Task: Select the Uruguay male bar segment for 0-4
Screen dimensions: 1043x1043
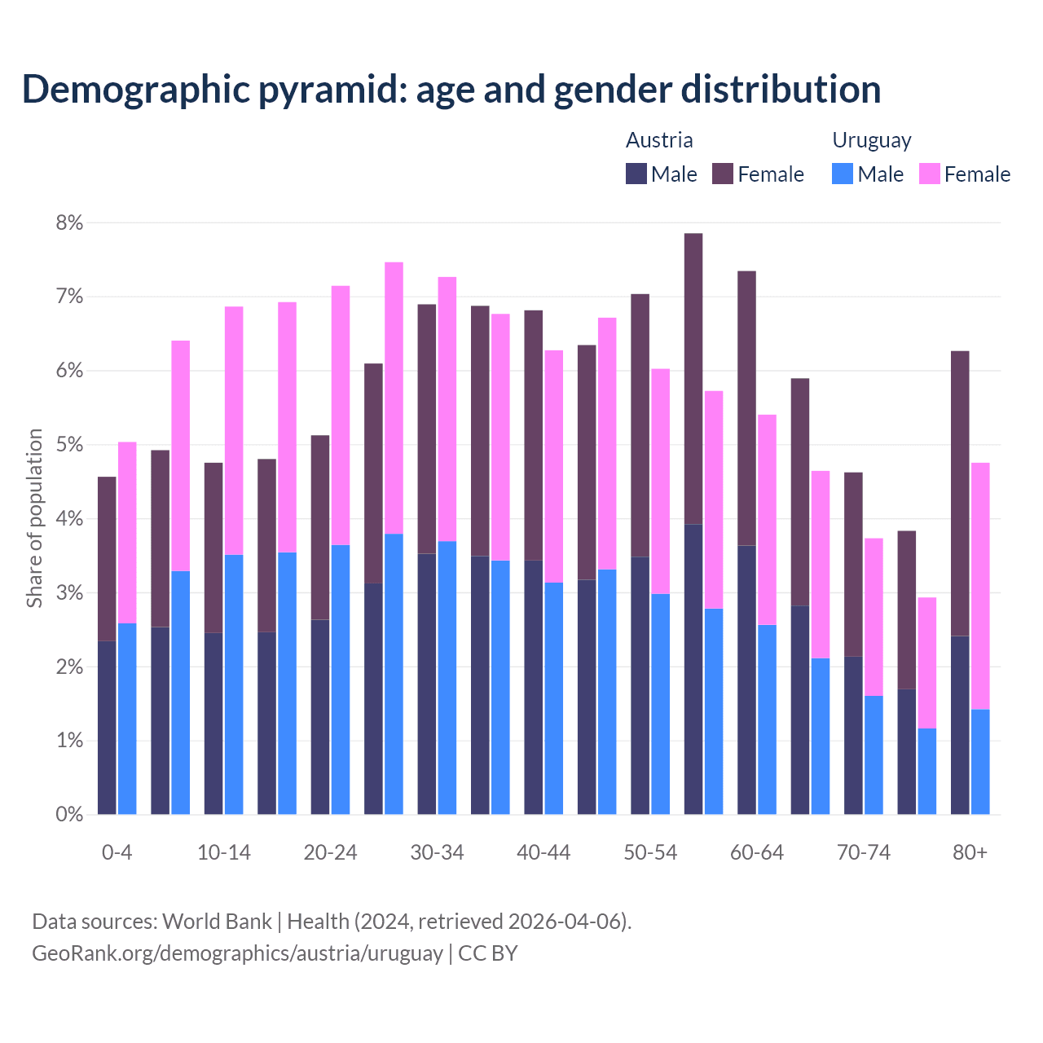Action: [x=127, y=719]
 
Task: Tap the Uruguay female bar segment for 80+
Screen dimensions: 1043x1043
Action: [x=980, y=586]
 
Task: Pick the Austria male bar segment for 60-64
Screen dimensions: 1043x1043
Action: [x=746, y=680]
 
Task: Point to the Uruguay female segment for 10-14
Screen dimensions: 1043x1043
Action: [x=234, y=430]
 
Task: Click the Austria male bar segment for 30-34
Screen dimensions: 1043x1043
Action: [x=426, y=684]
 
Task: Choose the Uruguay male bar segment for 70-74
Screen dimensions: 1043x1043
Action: [x=874, y=755]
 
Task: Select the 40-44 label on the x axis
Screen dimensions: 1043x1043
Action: [x=544, y=853]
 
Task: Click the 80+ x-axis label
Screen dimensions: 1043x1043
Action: [x=970, y=853]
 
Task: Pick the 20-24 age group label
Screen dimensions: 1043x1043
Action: [x=330, y=853]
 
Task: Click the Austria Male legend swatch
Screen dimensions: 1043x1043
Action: [x=636, y=174]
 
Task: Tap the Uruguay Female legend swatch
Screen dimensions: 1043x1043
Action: [x=929, y=174]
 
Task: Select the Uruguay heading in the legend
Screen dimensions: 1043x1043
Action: [x=871, y=140]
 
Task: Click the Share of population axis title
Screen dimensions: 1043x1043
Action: [x=35, y=518]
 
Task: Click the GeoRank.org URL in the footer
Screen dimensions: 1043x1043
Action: [x=237, y=953]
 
